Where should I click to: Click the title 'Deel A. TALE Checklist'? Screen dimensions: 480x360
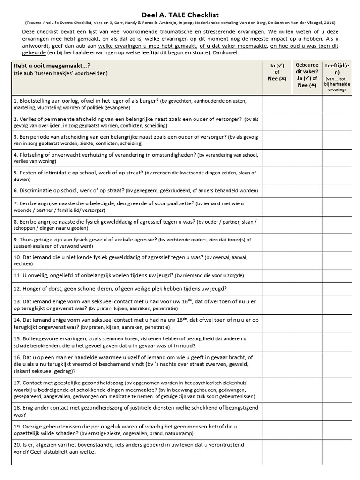point(180,15)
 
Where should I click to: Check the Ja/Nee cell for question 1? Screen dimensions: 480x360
point(277,104)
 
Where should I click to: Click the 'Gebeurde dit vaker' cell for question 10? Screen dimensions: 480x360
point(307,260)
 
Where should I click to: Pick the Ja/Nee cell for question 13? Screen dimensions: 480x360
point(277,305)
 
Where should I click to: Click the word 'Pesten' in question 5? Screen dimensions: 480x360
point(26,172)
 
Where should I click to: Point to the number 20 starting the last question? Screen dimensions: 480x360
point(17,444)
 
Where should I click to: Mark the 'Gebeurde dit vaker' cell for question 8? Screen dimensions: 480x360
point(307,225)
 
